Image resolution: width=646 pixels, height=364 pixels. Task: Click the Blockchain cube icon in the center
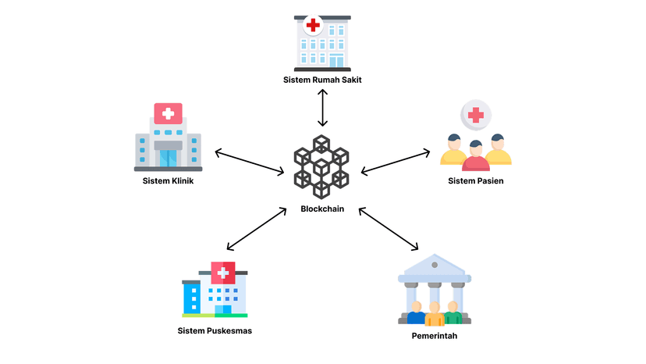pos(322,167)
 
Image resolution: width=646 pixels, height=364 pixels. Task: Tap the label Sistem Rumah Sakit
pos(322,80)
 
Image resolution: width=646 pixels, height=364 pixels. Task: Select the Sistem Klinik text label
pos(168,181)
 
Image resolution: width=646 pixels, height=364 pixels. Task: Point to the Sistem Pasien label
pos(475,181)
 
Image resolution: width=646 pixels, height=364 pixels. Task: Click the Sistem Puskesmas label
pos(215,330)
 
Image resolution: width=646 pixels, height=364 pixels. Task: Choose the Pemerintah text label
pos(434,336)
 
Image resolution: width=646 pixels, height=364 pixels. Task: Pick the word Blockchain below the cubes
pos(322,209)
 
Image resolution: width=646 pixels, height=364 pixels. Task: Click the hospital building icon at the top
pos(322,43)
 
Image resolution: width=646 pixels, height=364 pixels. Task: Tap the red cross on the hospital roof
pos(313,25)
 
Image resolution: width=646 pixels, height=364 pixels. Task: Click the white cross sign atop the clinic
pos(168,113)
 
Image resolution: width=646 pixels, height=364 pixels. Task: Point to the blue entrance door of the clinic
pos(168,157)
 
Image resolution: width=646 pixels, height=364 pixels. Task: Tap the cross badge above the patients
pos(475,116)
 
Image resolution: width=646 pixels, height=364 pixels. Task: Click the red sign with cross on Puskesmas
pos(223,273)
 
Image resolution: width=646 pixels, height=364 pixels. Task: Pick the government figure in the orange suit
pos(435,314)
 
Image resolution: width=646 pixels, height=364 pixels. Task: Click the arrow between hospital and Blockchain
pos(322,109)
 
